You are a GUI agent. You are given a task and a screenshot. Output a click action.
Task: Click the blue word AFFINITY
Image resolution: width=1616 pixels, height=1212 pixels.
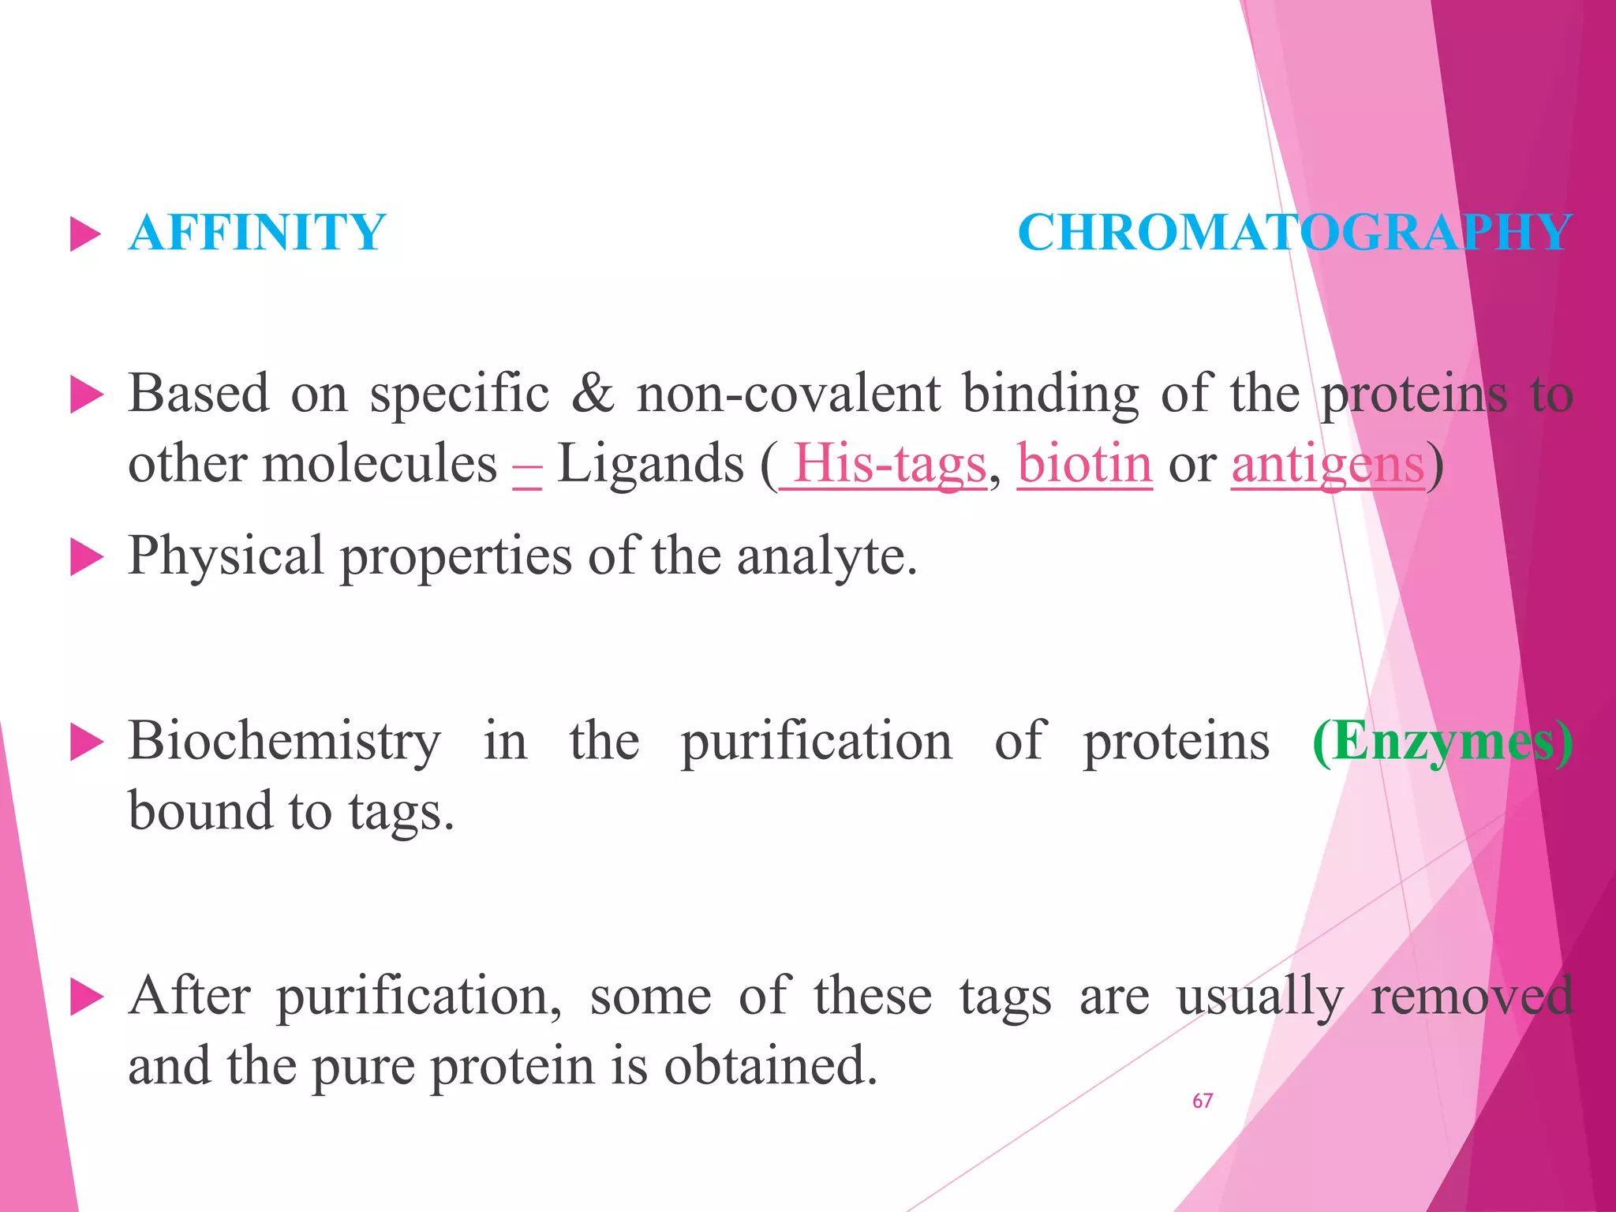point(257,233)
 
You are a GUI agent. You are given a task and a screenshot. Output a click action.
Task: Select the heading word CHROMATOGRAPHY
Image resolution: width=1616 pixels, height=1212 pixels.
point(1294,233)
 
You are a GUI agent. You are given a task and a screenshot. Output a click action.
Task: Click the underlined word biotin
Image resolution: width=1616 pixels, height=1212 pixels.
point(1084,464)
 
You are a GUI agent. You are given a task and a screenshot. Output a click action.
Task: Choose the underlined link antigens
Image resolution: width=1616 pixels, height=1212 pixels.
point(1327,464)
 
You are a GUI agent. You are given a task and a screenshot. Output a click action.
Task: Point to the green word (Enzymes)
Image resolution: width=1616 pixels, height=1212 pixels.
point(1442,742)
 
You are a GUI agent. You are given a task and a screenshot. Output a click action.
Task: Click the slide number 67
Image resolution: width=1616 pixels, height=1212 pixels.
point(1203,1101)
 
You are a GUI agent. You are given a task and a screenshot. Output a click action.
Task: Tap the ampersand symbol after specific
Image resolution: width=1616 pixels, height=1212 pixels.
point(593,393)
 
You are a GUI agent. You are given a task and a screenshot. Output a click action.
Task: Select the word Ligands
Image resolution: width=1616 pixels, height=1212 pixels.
point(650,464)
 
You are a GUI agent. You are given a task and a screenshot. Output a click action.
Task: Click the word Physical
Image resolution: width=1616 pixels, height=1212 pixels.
point(226,556)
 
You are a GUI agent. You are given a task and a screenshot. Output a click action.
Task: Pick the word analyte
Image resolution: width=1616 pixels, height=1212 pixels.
point(827,556)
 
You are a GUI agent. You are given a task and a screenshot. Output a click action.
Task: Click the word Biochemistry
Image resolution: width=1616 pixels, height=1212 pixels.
point(284,742)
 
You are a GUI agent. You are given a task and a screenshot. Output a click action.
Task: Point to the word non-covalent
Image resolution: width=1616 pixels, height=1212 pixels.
point(788,393)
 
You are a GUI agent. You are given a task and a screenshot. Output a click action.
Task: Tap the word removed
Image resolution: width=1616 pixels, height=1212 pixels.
point(1472,996)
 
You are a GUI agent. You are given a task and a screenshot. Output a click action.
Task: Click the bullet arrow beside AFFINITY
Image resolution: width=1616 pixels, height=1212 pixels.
point(86,234)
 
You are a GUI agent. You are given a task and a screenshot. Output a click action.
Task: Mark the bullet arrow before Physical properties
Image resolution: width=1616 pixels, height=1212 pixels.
point(86,558)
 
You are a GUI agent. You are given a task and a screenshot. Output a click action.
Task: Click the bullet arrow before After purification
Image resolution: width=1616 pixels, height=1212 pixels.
point(86,997)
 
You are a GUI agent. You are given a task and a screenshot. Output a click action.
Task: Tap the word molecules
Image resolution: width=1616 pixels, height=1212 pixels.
point(380,464)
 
